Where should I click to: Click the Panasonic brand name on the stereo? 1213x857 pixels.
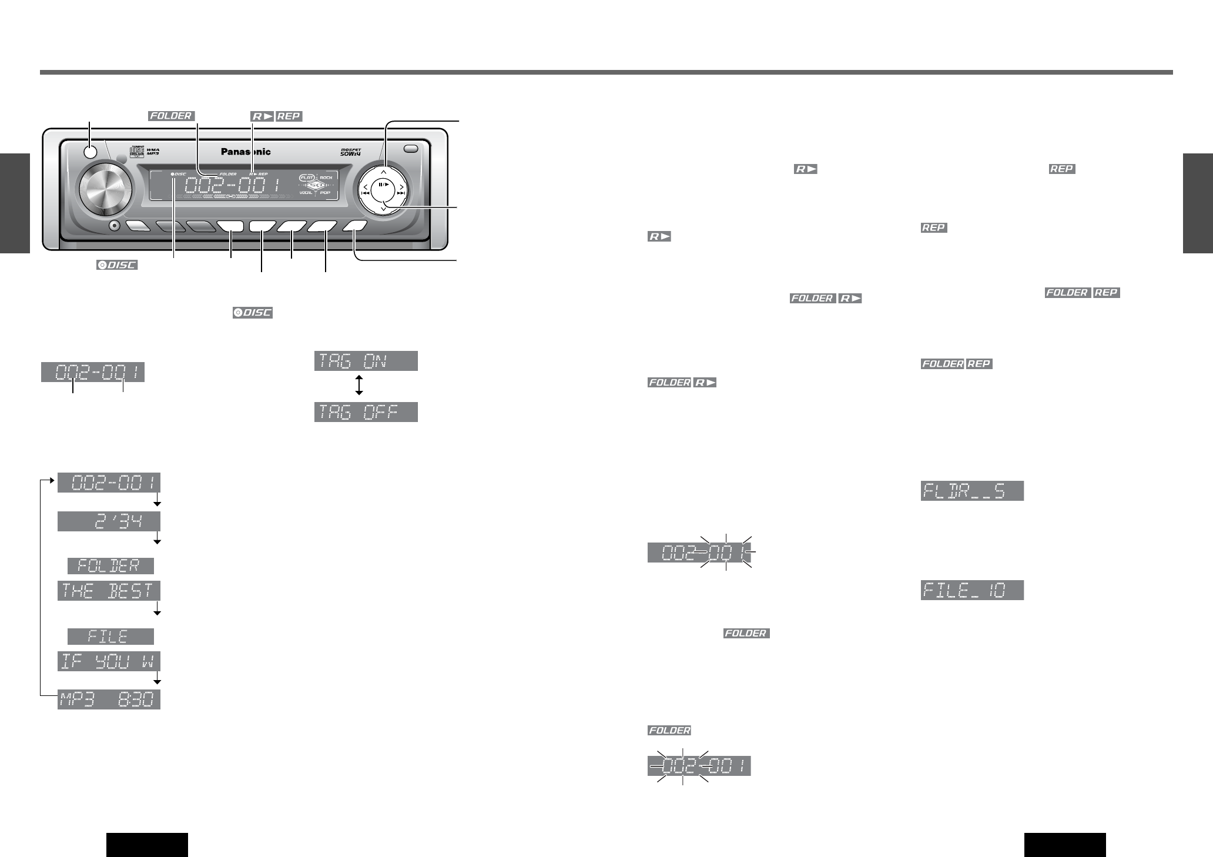coord(246,152)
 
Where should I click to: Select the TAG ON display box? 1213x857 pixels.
coord(366,361)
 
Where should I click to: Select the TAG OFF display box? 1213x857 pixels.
coord(366,412)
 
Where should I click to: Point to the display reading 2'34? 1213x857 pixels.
coord(109,521)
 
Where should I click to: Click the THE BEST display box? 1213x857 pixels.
coord(109,591)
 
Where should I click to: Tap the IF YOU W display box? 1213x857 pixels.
coord(109,661)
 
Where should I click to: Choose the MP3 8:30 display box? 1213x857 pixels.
coord(109,700)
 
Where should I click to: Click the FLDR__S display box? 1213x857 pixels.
coord(972,491)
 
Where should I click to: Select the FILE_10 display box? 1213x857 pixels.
coord(972,590)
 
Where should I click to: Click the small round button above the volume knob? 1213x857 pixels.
coord(90,152)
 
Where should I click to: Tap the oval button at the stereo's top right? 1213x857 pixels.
coord(411,149)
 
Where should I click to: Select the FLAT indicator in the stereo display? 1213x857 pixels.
coord(306,177)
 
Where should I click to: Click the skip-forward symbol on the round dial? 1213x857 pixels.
coord(401,192)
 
